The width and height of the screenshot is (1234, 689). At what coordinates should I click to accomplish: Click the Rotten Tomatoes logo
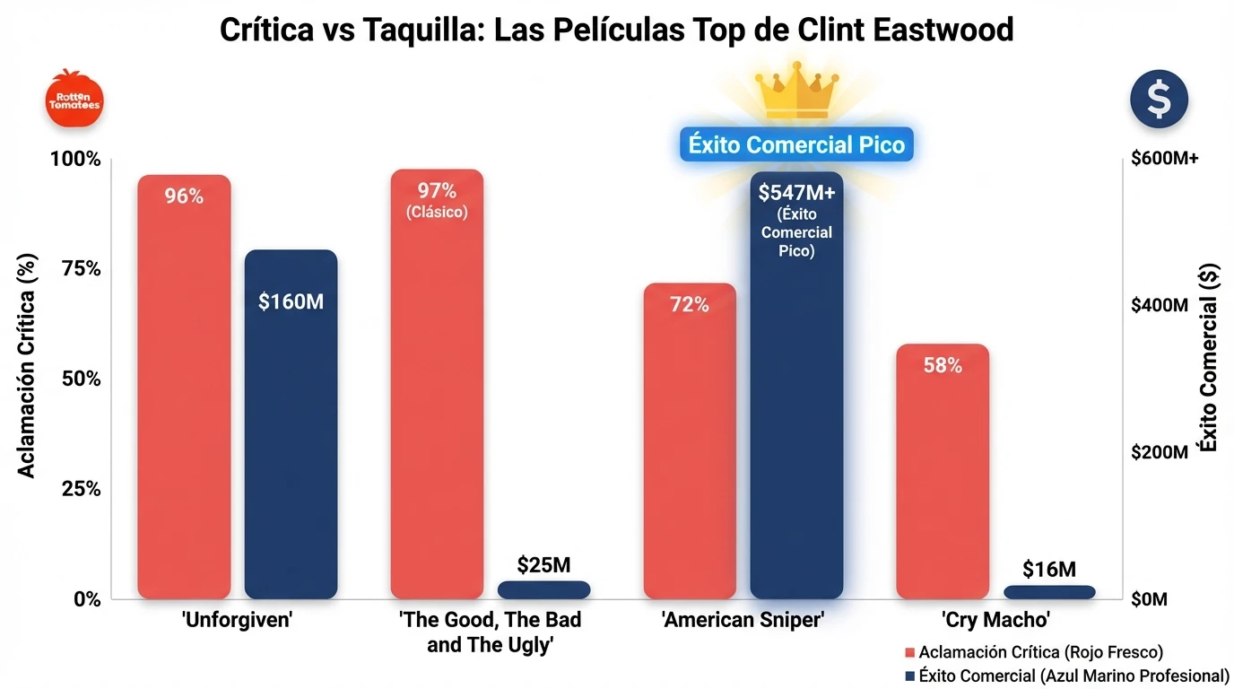click(x=74, y=98)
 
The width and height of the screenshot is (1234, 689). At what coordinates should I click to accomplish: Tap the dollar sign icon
click(x=1159, y=99)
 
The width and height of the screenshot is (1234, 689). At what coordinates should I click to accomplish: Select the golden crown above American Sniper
click(x=796, y=90)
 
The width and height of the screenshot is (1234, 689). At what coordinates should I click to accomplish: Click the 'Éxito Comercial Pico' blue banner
click(x=796, y=144)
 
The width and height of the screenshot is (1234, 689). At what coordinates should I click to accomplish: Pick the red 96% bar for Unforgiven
click(x=184, y=386)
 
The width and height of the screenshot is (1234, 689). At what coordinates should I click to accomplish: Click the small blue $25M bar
click(x=544, y=589)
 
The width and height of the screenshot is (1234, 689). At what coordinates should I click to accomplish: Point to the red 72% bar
click(x=690, y=440)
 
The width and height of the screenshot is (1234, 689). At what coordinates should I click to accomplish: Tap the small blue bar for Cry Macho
click(x=1049, y=592)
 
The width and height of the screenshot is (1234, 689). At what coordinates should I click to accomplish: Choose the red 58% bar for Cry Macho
click(x=943, y=471)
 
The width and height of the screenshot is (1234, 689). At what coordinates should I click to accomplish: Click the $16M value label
click(x=1049, y=569)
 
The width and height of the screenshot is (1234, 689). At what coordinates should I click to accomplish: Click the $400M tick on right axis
click(x=1160, y=306)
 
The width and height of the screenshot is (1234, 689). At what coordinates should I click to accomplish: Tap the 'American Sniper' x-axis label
click(x=743, y=620)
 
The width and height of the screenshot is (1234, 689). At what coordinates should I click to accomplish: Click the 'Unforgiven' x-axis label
click(x=237, y=620)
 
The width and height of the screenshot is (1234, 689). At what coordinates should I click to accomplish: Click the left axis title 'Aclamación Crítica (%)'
click(x=28, y=377)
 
